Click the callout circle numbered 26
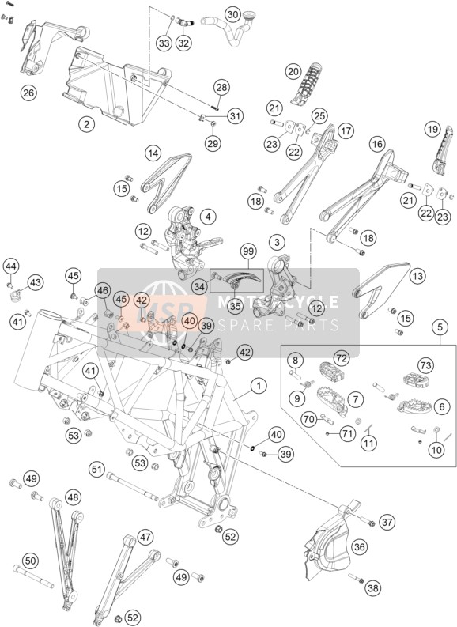tap(28, 93)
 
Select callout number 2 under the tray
tap(86, 124)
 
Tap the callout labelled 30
tap(232, 15)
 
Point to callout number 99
tap(248, 252)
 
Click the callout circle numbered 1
tap(259, 386)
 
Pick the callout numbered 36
tap(360, 547)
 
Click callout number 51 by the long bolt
tap(97, 468)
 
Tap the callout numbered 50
tap(31, 561)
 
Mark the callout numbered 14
tap(154, 153)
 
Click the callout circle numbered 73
tap(426, 365)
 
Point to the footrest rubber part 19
tap(443, 150)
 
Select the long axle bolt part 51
tap(133, 485)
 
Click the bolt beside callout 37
tap(367, 521)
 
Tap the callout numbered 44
tap(11, 266)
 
